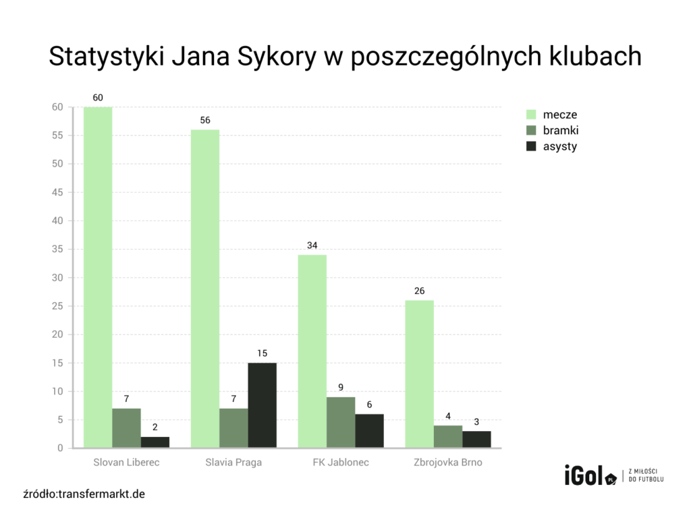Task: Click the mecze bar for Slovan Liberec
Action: [x=98, y=277]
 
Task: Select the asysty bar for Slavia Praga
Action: [x=262, y=405]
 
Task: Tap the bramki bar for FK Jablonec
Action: [x=341, y=422]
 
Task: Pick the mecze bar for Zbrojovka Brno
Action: [x=419, y=374]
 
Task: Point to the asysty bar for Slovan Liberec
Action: [x=155, y=442]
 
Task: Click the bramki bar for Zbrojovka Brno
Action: [x=447, y=436]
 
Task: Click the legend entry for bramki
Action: [x=561, y=130]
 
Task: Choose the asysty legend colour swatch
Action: [x=530, y=146]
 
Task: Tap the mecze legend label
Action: [x=560, y=115]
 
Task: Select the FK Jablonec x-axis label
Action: [x=341, y=463]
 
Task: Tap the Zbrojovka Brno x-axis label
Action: [x=448, y=463]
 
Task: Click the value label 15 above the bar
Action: [x=262, y=353]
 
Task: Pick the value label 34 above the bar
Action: [x=312, y=245]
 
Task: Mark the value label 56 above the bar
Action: [x=205, y=120]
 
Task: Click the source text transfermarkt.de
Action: [x=101, y=494]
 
